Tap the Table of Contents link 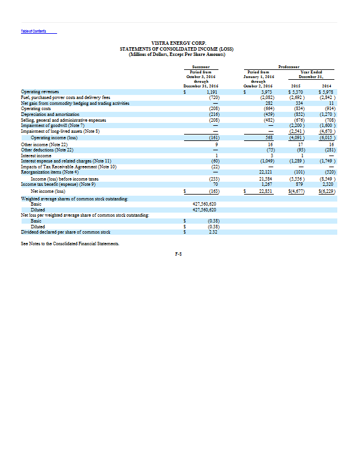pyautogui.click(x=33, y=31)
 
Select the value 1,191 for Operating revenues pyautogui.click(x=212, y=91)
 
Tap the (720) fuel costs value pyautogui.click(x=213, y=96)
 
